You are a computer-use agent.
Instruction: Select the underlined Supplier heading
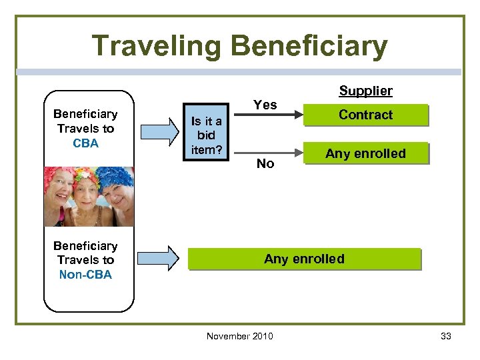click(x=365, y=91)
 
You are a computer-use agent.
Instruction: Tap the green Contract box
click(x=365, y=115)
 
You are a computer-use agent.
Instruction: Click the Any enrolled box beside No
click(x=365, y=154)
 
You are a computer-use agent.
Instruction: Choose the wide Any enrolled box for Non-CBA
click(x=304, y=259)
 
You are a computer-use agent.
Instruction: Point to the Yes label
click(x=265, y=105)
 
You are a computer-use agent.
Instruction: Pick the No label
click(x=265, y=164)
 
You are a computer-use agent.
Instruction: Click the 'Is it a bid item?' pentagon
click(x=206, y=135)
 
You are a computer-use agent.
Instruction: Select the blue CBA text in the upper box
click(x=86, y=143)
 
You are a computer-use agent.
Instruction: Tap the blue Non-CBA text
click(x=86, y=275)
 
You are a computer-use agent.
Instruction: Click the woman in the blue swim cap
click(x=61, y=190)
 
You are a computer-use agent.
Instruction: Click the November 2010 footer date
click(x=239, y=336)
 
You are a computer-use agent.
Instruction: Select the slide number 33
click(x=446, y=336)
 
